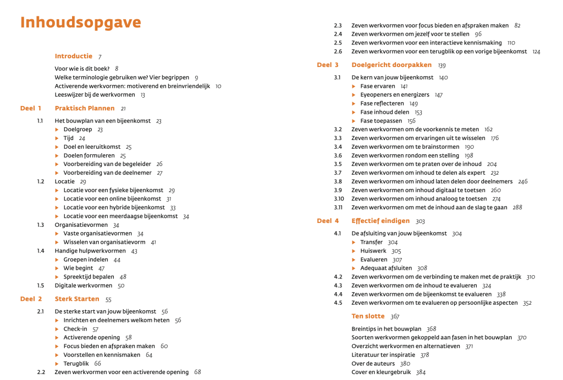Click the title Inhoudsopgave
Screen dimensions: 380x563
[80, 23]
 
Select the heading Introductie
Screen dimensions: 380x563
[73, 56]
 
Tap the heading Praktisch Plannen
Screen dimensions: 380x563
[85, 108]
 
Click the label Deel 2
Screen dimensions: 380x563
[31, 299]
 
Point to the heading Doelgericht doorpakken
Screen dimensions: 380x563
[391, 65]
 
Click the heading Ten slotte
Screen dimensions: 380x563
[367, 316]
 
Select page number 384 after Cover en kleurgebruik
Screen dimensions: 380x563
[421, 372]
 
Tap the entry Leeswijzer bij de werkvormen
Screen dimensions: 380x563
[95, 94]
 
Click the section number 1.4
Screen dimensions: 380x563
[40, 251]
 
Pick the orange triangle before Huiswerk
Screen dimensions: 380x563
[354, 251]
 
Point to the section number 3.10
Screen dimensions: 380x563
[339, 199]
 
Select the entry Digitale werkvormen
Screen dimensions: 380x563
[83, 286]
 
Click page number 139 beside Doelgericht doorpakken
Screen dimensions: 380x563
[442, 65]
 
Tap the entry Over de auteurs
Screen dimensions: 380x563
[373, 364]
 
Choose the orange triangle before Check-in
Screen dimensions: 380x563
[57, 329]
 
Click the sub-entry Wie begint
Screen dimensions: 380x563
[78, 269]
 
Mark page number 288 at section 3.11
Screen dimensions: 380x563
[517, 208]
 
